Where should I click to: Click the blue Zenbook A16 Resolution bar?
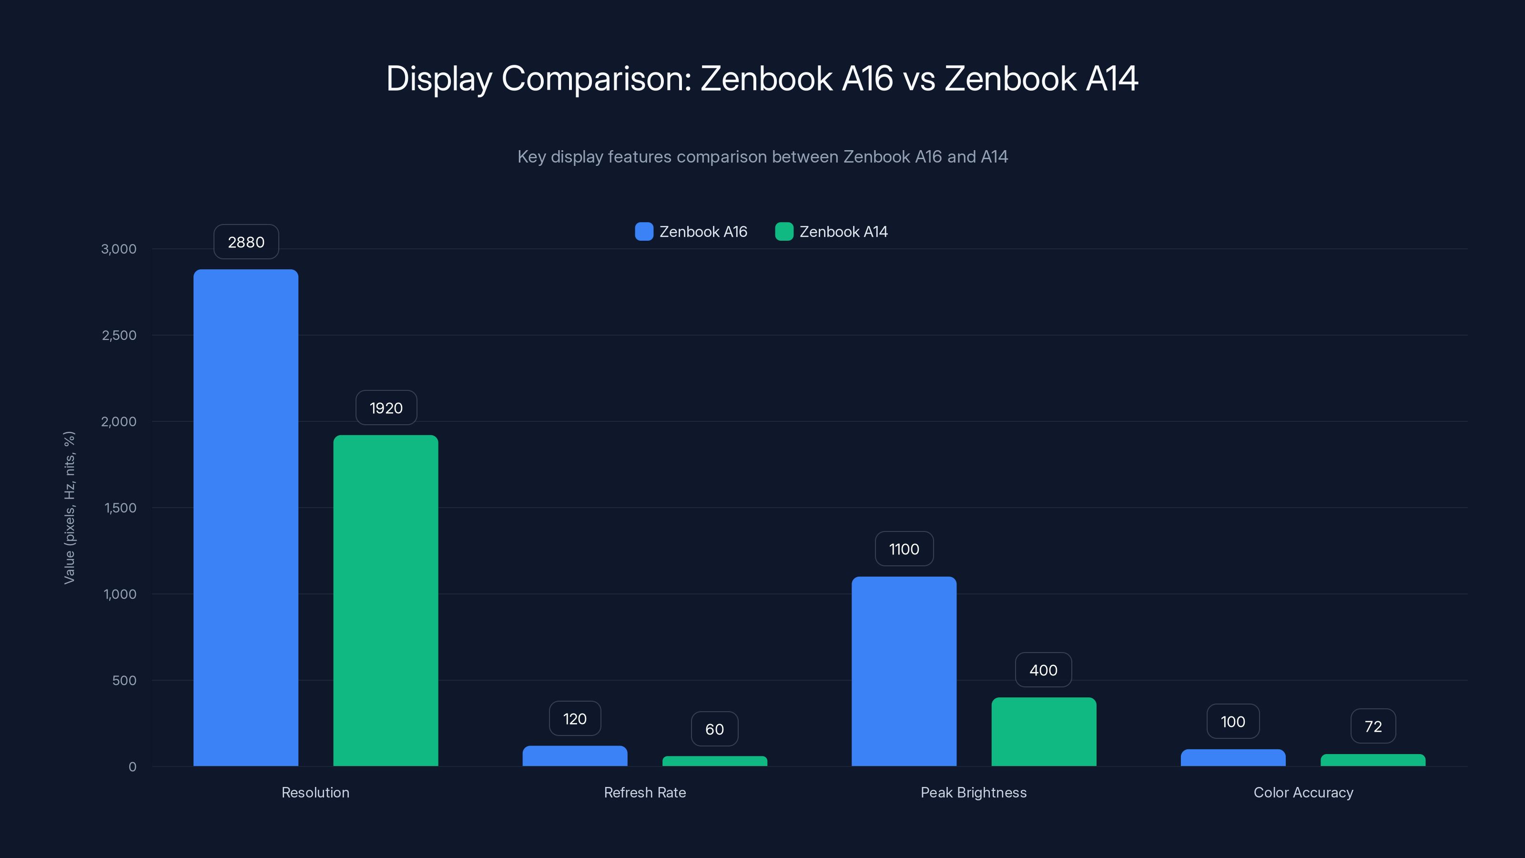pos(246,518)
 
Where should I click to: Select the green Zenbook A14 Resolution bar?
pos(386,601)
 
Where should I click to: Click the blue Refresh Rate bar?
pos(575,756)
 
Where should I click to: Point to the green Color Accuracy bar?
pos(1373,760)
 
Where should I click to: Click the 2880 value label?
pos(246,242)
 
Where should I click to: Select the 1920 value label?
pos(386,408)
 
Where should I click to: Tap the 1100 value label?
pos(904,550)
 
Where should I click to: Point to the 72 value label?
pos(1373,726)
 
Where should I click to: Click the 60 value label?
pos(714,729)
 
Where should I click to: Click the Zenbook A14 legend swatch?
pos(784,232)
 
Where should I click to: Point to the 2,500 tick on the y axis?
pos(119,335)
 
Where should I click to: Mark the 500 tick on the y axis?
pos(124,680)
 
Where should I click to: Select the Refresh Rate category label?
pos(645,792)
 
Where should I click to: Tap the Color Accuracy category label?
pos(1303,792)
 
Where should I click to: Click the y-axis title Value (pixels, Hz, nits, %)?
pos(69,508)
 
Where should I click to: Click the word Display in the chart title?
pos(438,78)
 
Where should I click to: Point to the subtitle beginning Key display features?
pos(762,157)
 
